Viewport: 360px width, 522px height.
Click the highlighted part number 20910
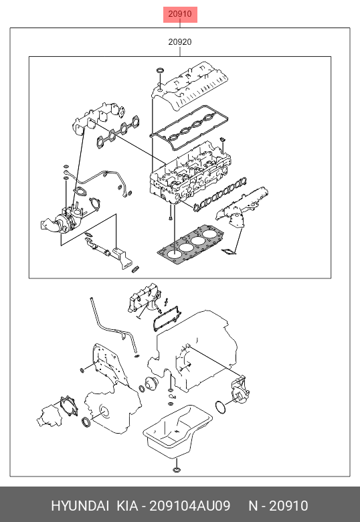[180, 14]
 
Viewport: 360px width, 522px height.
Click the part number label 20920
[180, 42]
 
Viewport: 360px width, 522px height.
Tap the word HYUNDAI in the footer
[80, 506]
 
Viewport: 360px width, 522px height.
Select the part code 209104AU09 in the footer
[189, 506]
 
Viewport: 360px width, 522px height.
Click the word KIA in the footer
[127, 506]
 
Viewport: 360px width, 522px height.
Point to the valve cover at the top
[189, 85]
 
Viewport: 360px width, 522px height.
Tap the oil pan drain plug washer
[177, 470]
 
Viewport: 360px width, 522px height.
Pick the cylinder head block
[189, 173]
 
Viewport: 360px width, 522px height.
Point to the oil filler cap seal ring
[161, 70]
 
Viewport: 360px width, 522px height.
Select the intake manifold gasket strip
[220, 195]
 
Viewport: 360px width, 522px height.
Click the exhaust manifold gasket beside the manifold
[118, 131]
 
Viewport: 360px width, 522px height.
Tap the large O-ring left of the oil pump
[220, 407]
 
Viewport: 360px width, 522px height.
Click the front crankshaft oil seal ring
[86, 422]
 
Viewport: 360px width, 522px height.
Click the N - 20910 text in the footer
[278, 506]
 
